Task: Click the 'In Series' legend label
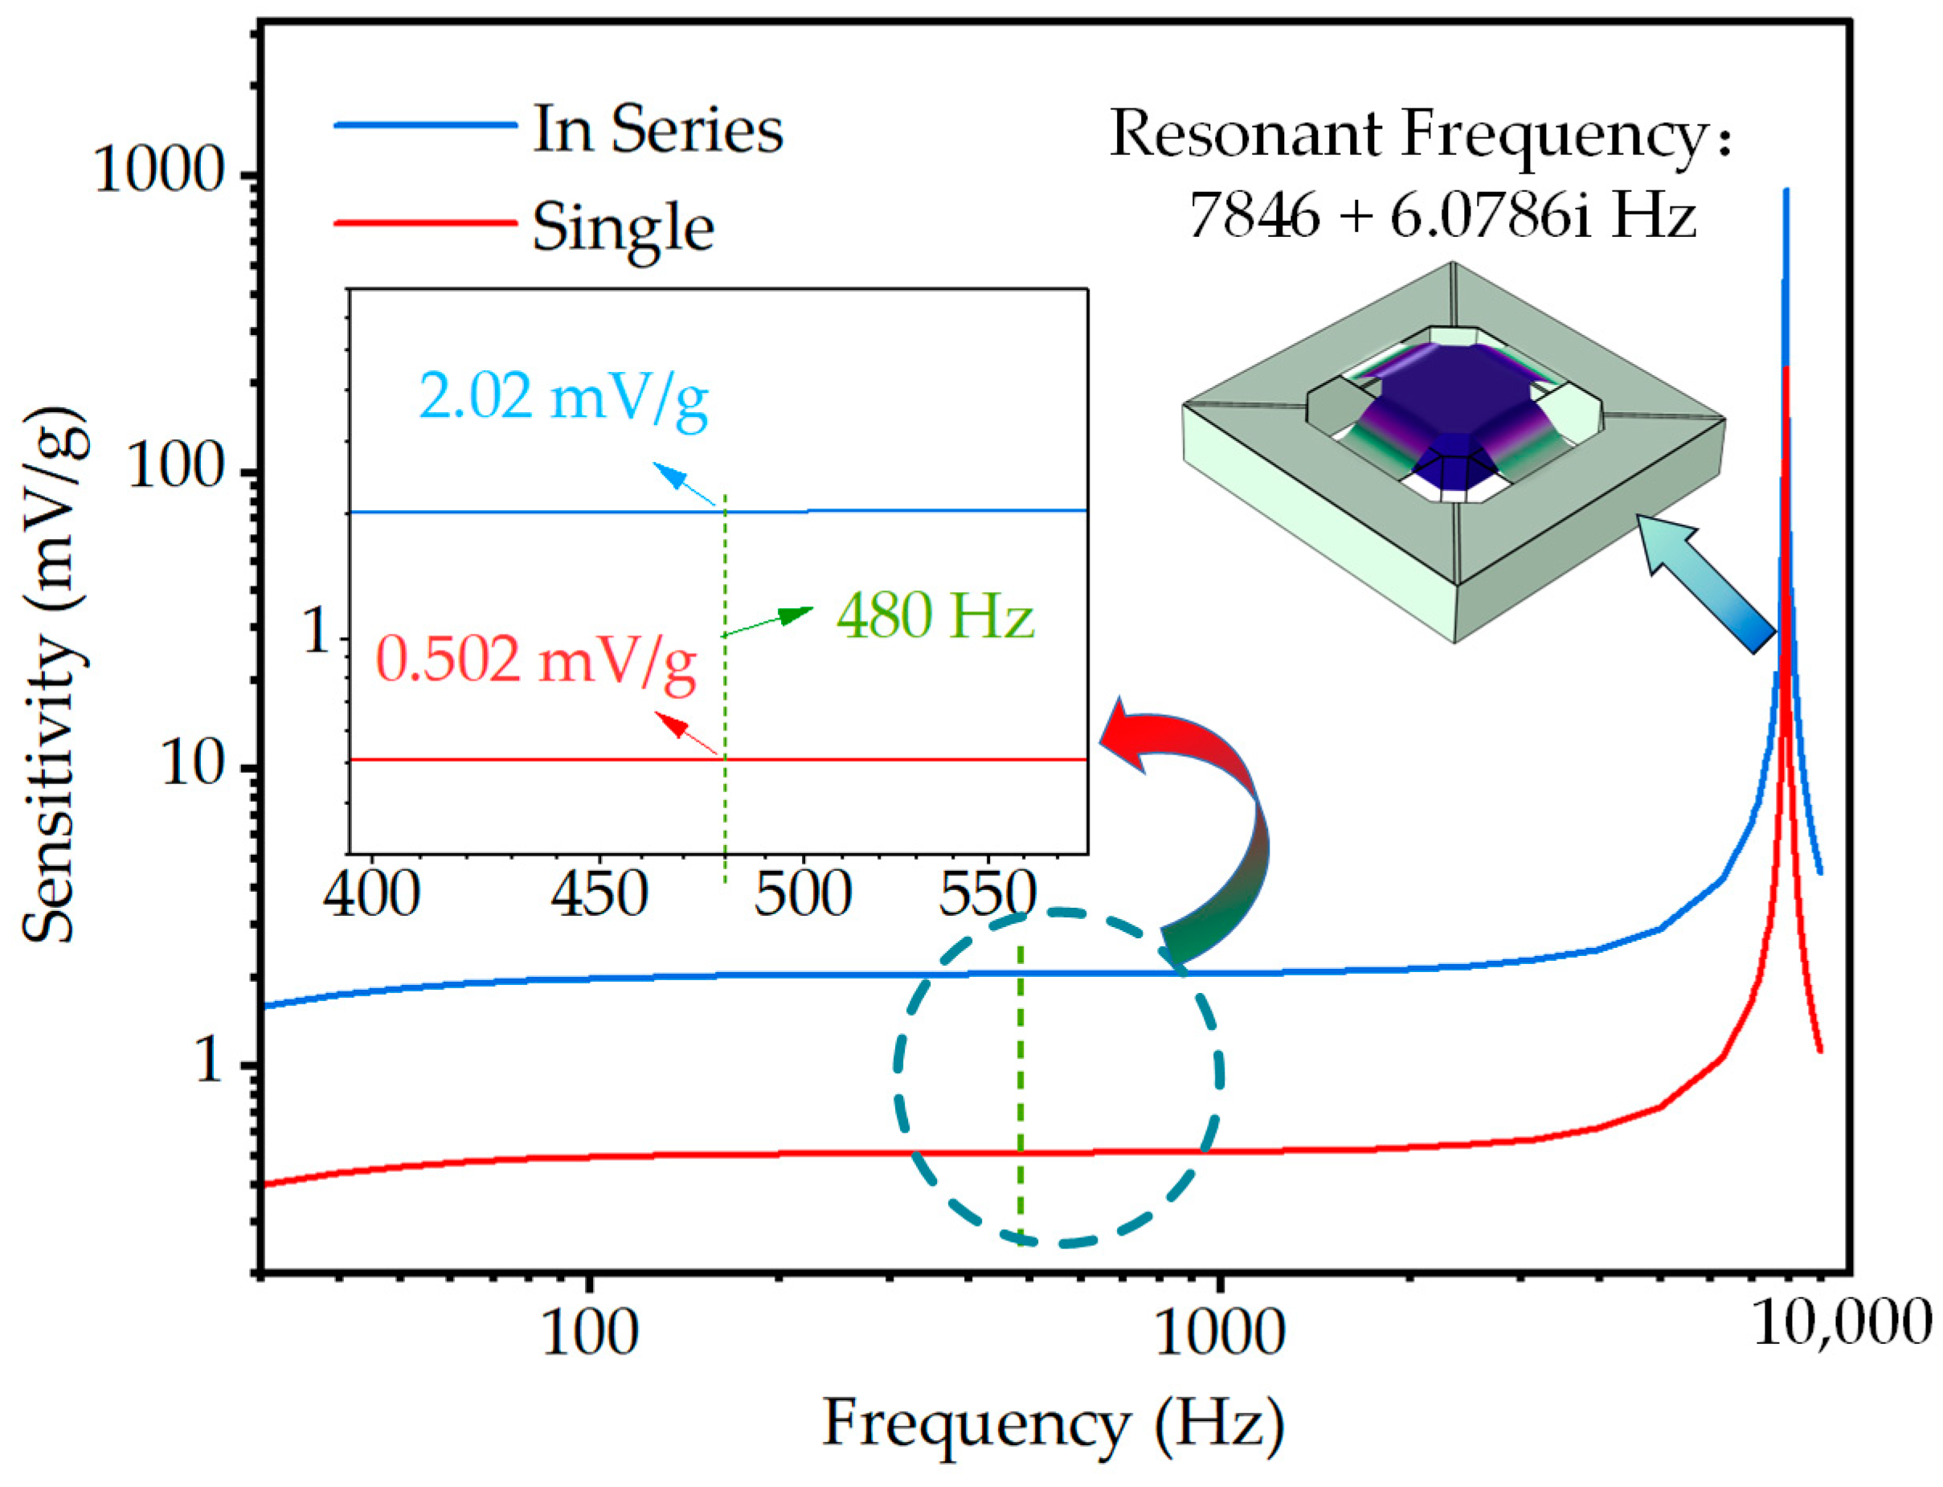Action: coord(657,129)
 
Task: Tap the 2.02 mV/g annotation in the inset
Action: coord(563,398)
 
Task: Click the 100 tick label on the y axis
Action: coord(176,467)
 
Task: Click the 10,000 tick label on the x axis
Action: coord(1841,1325)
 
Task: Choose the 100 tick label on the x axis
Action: coord(589,1332)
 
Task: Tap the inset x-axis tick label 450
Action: coord(599,895)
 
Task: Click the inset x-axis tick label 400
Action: coord(372,895)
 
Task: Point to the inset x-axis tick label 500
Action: coord(803,895)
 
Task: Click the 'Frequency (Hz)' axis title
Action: coord(1053,1424)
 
